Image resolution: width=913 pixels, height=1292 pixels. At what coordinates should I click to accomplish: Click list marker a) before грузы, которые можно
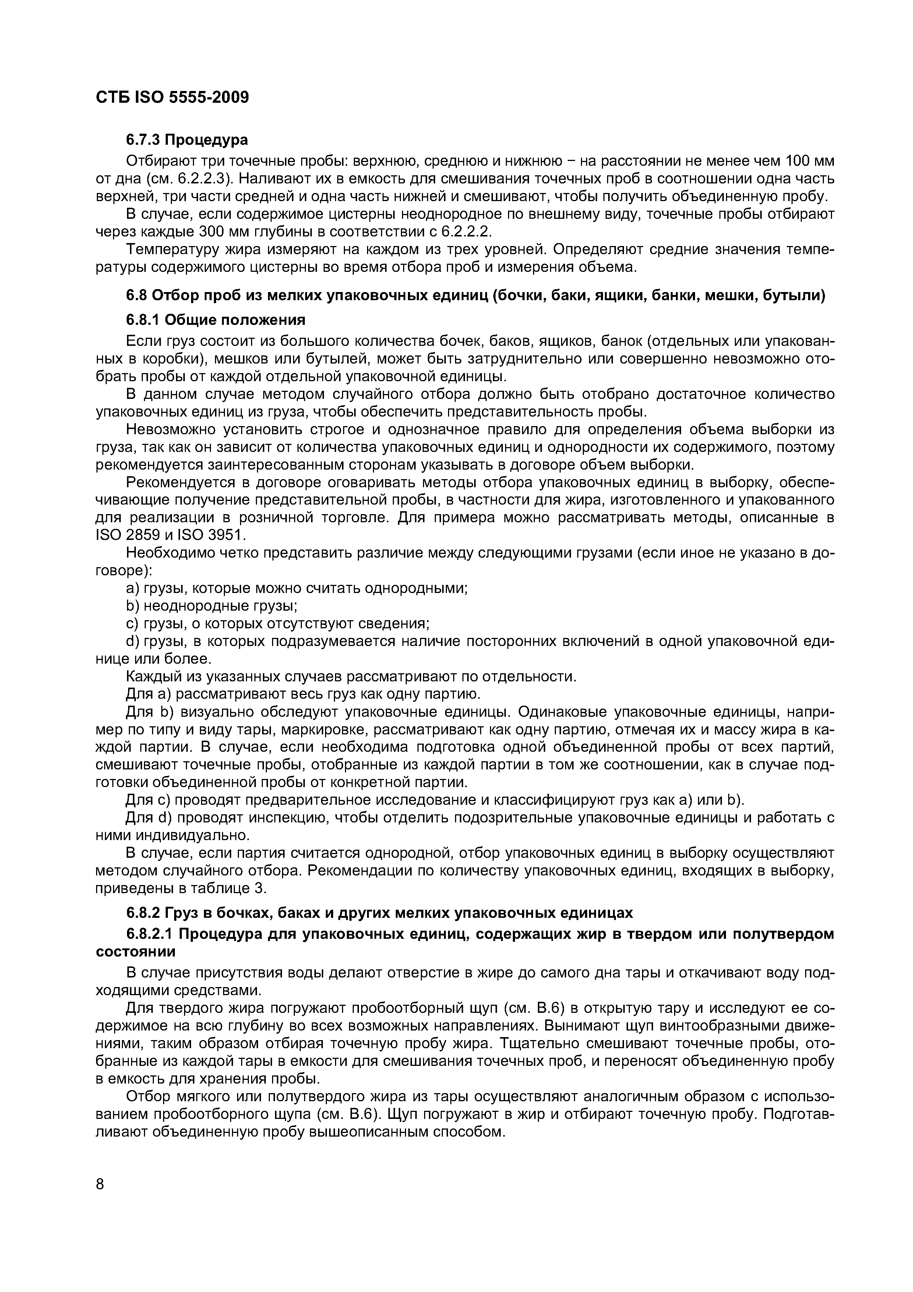132,589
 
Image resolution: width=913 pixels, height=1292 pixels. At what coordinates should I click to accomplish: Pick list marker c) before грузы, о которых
132,624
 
